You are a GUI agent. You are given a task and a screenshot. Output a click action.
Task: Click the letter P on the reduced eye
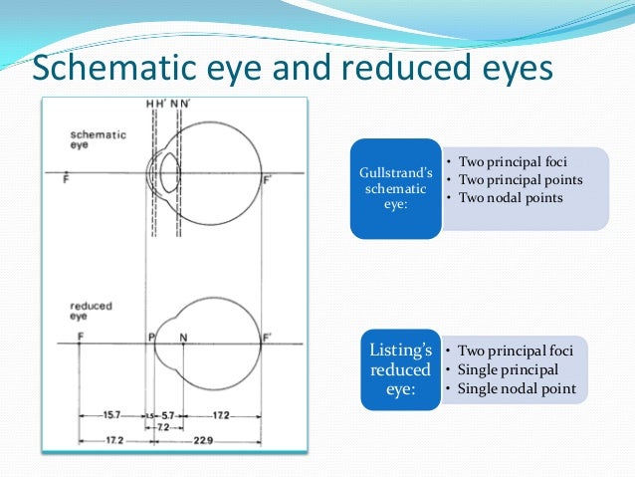[x=150, y=338]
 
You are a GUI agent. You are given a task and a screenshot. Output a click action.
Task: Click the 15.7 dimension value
[x=112, y=414]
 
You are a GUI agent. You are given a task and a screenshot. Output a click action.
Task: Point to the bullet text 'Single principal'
[x=508, y=369]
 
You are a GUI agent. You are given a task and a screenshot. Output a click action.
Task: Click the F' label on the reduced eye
[x=268, y=338]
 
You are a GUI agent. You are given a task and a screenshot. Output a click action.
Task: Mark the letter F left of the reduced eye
[x=81, y=338]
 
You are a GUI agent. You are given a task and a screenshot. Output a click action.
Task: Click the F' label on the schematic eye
[x=267, y=182]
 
